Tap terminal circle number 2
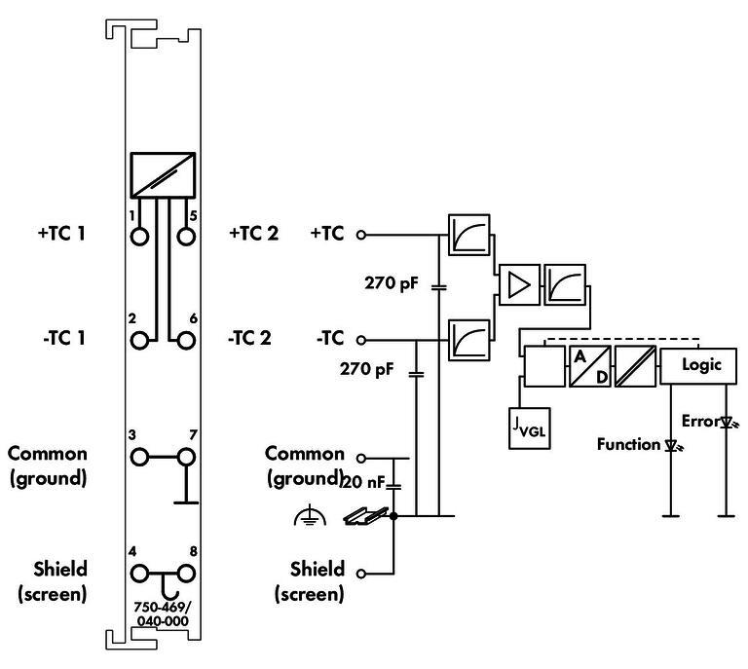pos(141,340)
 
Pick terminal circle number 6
pos(186,340)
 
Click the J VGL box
pos(529,428)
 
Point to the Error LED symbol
pos(726,423)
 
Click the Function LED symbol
pos(671,445)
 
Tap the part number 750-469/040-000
pos(162,613)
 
